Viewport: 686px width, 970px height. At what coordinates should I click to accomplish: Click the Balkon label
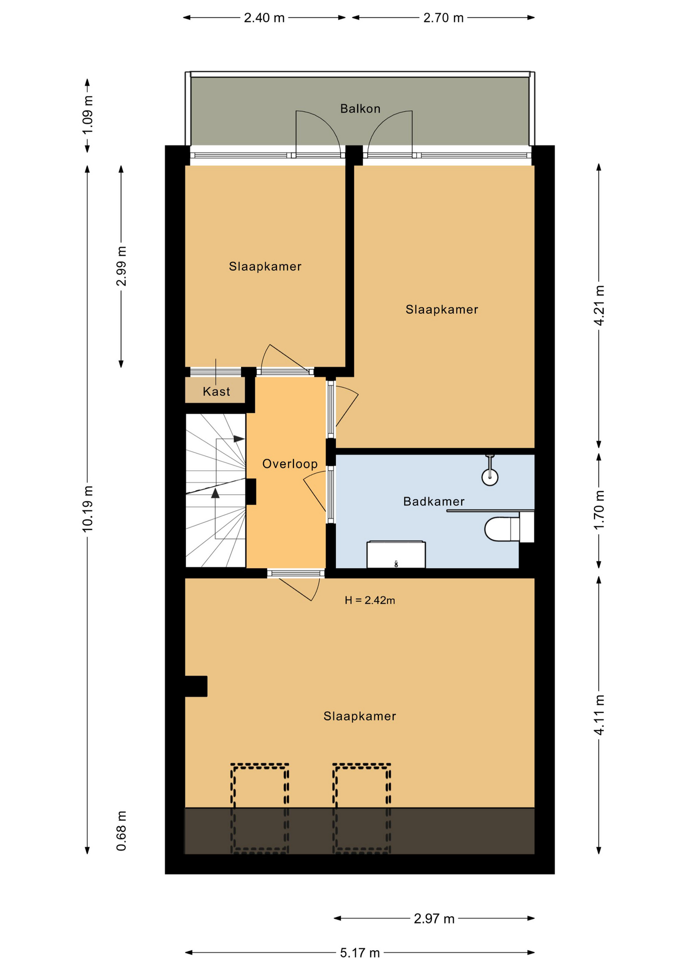360,109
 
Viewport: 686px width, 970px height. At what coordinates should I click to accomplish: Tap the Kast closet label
216,392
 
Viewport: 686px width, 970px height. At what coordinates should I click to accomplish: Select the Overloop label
290,464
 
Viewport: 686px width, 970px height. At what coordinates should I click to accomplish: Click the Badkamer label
433,502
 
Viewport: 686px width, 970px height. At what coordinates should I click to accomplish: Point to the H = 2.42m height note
370,600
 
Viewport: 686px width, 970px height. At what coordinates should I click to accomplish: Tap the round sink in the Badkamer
490,477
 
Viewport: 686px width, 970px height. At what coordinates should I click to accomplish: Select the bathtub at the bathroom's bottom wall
396,554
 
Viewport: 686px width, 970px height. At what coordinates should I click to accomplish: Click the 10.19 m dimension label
88,508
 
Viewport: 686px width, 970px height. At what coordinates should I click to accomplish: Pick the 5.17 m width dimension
360,953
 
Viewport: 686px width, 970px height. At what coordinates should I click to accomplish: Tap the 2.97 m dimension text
434,918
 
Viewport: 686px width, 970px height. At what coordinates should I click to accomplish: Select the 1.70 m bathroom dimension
599,510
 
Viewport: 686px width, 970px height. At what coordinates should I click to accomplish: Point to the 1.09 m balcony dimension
88,115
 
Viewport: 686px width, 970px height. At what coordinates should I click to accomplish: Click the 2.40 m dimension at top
264,18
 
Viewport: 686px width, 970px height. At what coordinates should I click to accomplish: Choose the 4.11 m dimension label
599,715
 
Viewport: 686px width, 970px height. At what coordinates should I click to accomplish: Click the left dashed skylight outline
232,808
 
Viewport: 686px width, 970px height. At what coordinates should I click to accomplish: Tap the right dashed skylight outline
333,808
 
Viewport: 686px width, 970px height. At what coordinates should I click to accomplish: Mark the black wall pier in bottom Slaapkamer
196,686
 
